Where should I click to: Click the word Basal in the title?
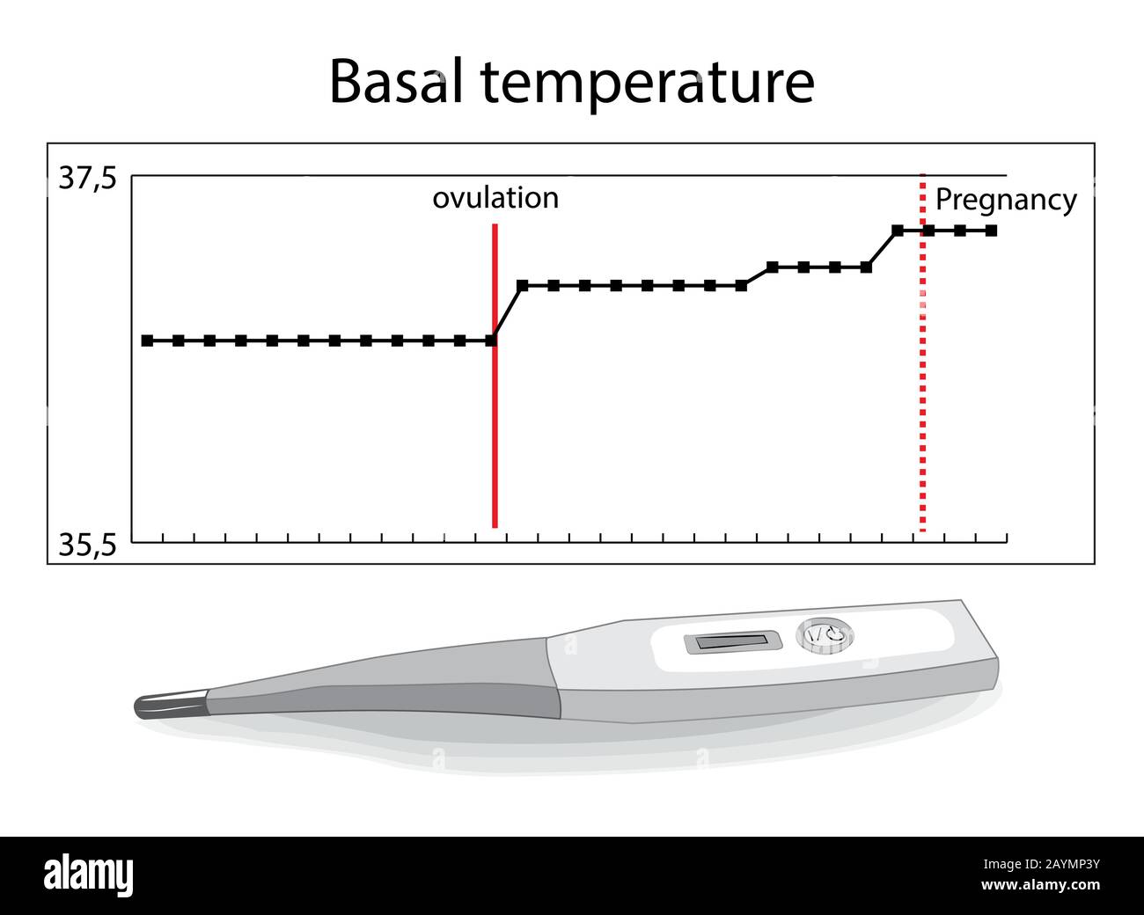click(x=396, y=83)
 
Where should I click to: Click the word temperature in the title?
click(x=648, y=84)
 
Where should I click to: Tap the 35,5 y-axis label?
click(x=87, y=545)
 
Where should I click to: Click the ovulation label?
click(x=495, y=198)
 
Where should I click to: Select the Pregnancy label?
click(x=1006, y=201)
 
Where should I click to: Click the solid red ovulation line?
click(x=495, y=376)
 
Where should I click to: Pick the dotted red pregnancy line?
click(x=923, y=353)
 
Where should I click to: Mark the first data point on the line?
click(x=147, y=340)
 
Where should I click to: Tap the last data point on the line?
click(x=991, y=231)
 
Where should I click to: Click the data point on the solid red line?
click(x=492, y=340)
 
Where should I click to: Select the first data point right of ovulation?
click(x=523, y=286)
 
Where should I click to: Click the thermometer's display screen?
click(x=733, y=643)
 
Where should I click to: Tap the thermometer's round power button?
click(x=825, y=635)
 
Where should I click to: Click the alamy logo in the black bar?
click(x=88, y=874)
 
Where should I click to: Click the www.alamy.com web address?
click(x=1040, y=885)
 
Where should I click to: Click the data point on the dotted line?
click(x=928, y=231)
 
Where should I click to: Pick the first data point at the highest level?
click(x=898, y=231)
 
